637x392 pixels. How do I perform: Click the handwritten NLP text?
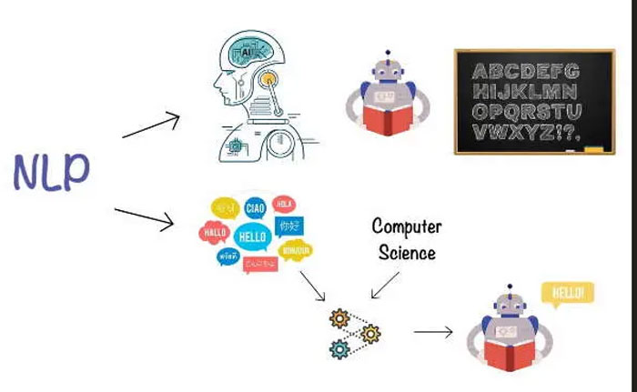click(x=52, y=170)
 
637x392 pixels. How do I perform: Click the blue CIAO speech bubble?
click(x=256, y=209)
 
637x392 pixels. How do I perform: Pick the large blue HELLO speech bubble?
click(x=251, y=236)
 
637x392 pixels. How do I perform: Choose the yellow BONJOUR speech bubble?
click(x=296, y=249)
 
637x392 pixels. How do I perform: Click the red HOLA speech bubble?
click(x=285, y=205)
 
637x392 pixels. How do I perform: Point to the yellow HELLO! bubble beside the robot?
click(x=567, y=293)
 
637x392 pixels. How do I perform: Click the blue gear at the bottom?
click(x=340, y=347)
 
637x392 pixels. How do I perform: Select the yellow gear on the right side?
click(x=370, y=333)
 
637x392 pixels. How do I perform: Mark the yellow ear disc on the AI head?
click(x=268, y=79)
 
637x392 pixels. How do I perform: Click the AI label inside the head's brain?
click(x=247, y=55)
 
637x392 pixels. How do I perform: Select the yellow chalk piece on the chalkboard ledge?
click(x=595, y=147)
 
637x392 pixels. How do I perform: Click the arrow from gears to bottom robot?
click(x=433, y=332)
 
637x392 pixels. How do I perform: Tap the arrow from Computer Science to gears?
click(x=384, y=284)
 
